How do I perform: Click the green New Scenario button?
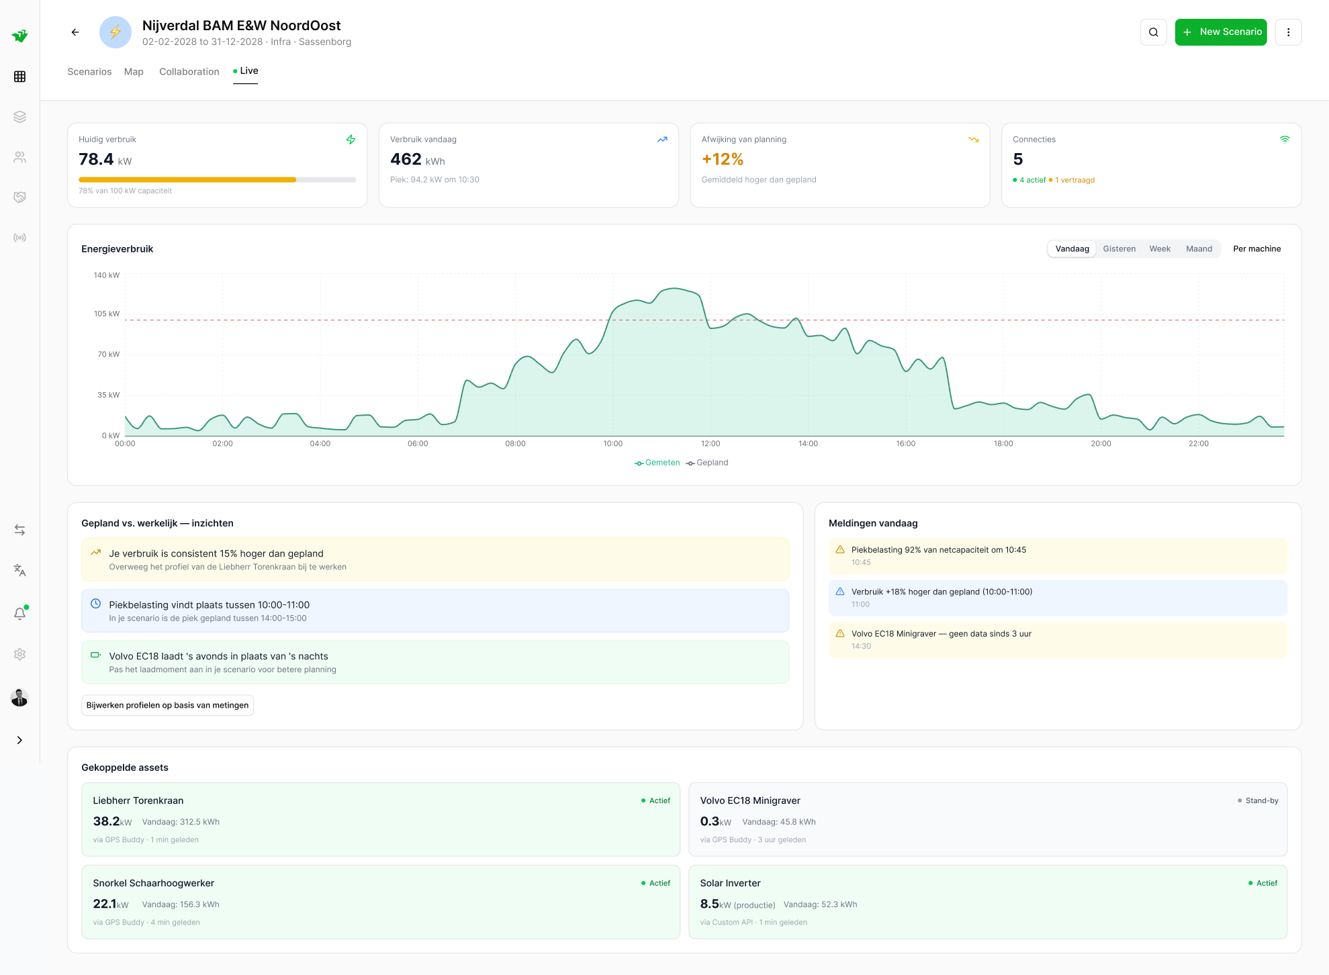click(x=1220, y=32)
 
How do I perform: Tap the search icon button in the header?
click(x=1153, y=32)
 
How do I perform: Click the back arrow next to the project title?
click(x=75, y=32)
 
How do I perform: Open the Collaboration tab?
click(x=189, y=72)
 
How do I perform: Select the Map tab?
click(x=134, y=72)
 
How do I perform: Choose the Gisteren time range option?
click(x=1119, y=249)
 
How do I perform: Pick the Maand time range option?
click(x=1199, y=249)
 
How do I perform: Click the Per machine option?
click(x=1256, y=249)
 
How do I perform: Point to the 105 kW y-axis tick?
click(x=107, y=314)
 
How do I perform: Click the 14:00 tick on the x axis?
click(x=808, y=444)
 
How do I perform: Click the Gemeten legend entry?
click(x=657, y=463)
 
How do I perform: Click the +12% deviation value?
click(x=723, y=160)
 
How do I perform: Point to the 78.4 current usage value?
click(x=96, y=160)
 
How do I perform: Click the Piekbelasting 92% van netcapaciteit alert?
click(x=938, y=550)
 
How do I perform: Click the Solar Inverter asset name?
click(x=730, y=883)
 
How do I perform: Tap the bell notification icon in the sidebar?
click(x=20, y=614)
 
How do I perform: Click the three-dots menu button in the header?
click(x=1287, y=32)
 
